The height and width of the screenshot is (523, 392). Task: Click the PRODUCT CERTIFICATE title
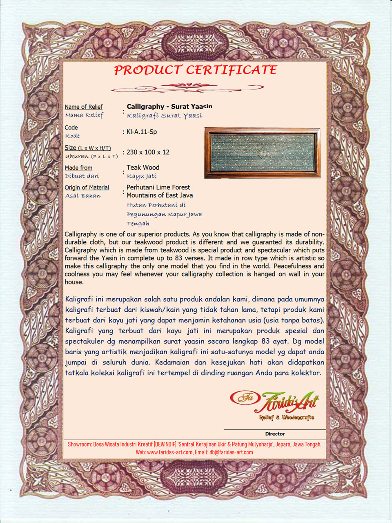click(195, 70)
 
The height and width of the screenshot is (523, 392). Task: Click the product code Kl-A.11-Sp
click(142, 132)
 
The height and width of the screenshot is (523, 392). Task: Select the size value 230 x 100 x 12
click(148, 152)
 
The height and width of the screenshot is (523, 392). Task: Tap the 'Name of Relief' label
click(83, 107)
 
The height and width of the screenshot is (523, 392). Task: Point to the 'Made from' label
click(78, 168)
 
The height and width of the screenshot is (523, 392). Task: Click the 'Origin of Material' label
click(87, 188)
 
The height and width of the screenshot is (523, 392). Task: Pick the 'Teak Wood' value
click(143, 168)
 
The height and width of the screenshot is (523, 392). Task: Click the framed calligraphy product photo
click(262, 153)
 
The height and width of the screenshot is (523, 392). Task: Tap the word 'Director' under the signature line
click(275, 434)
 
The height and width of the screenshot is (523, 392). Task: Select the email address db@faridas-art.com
click(231, 452)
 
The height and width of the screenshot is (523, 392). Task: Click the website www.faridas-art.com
click(169, 452)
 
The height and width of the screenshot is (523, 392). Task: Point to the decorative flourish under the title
click(187, 87)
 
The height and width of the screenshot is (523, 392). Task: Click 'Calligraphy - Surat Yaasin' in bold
click(169, 107)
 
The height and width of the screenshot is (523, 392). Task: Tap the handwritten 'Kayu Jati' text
click(142, 176)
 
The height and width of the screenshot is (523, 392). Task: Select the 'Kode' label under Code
click(72, 136)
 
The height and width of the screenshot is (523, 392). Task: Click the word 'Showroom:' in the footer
click(80, 444)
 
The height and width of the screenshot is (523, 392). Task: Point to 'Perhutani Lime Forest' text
click(158, 187)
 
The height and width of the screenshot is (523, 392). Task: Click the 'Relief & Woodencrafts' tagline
click(287, 418)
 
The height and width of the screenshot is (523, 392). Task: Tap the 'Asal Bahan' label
click(82, 196)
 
